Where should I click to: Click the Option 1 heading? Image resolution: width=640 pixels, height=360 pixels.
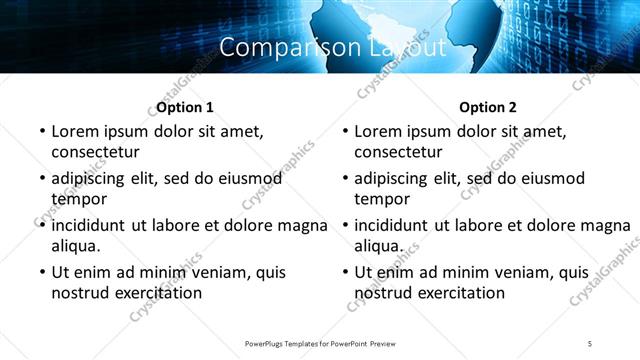coord(185,107)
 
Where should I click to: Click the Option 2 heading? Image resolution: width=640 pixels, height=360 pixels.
coord(488,107)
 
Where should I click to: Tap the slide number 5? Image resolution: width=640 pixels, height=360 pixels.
coord(590,343)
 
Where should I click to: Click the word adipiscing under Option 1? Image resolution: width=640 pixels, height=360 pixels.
coord(93,179)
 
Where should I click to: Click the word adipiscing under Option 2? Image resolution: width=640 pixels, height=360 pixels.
coord(396,179)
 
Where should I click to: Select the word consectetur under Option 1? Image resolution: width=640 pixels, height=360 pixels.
coord(96,152)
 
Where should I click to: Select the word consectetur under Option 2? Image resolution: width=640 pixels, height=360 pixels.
coord(399,152)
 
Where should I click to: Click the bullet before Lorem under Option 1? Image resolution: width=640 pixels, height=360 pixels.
coord(41,131)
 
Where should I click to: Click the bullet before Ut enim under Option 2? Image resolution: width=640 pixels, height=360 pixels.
coord(344,272)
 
